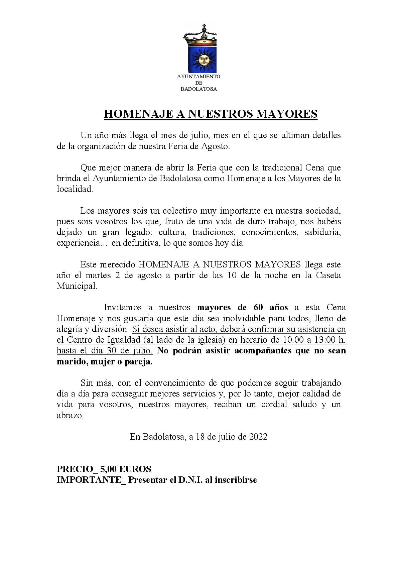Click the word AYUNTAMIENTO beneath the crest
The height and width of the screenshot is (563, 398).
coord(198,77)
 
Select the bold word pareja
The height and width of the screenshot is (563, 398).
coord(139,362)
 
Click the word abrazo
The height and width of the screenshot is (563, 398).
coord(70,416)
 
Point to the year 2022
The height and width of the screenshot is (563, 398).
coord(258,437)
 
